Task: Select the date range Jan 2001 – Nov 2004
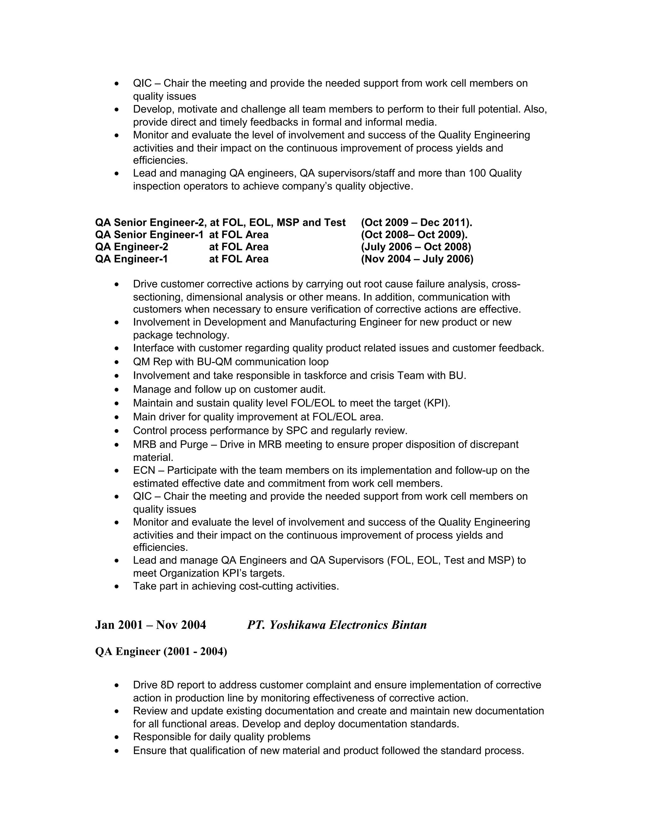point(150,625)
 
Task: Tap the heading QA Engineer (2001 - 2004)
point(161,651)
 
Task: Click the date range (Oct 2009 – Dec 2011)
point(416,222)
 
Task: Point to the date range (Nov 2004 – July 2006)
point(417,259)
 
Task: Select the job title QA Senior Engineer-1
point(149,235)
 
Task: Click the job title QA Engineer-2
point(131,247)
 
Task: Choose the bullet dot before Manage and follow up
point(117,390)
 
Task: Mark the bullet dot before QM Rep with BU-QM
point(117,362)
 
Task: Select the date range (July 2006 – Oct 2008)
point(416,247)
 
